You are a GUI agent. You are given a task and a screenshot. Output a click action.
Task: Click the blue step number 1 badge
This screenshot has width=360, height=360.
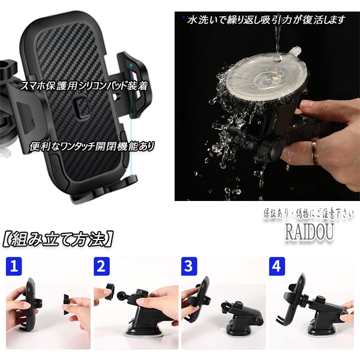point(14,266)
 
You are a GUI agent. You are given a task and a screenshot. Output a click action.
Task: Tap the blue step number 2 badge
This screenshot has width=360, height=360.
point(102,266)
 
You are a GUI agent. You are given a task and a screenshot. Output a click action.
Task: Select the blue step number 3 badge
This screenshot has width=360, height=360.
point(189,266)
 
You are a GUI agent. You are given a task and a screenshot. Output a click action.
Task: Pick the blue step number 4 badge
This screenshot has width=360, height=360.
point(277,266)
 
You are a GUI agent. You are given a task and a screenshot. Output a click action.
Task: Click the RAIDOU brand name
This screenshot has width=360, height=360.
point(309,232)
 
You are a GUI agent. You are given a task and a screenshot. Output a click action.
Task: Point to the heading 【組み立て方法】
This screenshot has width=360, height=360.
point(58,239)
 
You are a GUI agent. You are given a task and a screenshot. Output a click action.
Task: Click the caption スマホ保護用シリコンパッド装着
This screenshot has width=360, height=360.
point(84,86)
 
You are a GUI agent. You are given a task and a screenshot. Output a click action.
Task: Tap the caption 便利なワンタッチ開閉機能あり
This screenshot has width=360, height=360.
point(92,146)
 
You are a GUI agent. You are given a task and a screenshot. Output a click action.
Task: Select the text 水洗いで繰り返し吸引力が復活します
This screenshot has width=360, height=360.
point(266,20)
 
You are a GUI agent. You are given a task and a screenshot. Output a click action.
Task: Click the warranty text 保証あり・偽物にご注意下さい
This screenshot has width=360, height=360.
point(308,214)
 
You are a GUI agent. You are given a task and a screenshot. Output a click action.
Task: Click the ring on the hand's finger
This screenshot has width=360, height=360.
point(315,152)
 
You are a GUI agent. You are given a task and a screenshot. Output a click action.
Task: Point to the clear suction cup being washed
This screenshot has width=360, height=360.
point(266,73)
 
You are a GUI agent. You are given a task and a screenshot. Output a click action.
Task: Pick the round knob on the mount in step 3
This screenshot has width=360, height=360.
point(238,305)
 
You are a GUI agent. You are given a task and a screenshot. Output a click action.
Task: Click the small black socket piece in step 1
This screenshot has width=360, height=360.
point(67,304)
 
